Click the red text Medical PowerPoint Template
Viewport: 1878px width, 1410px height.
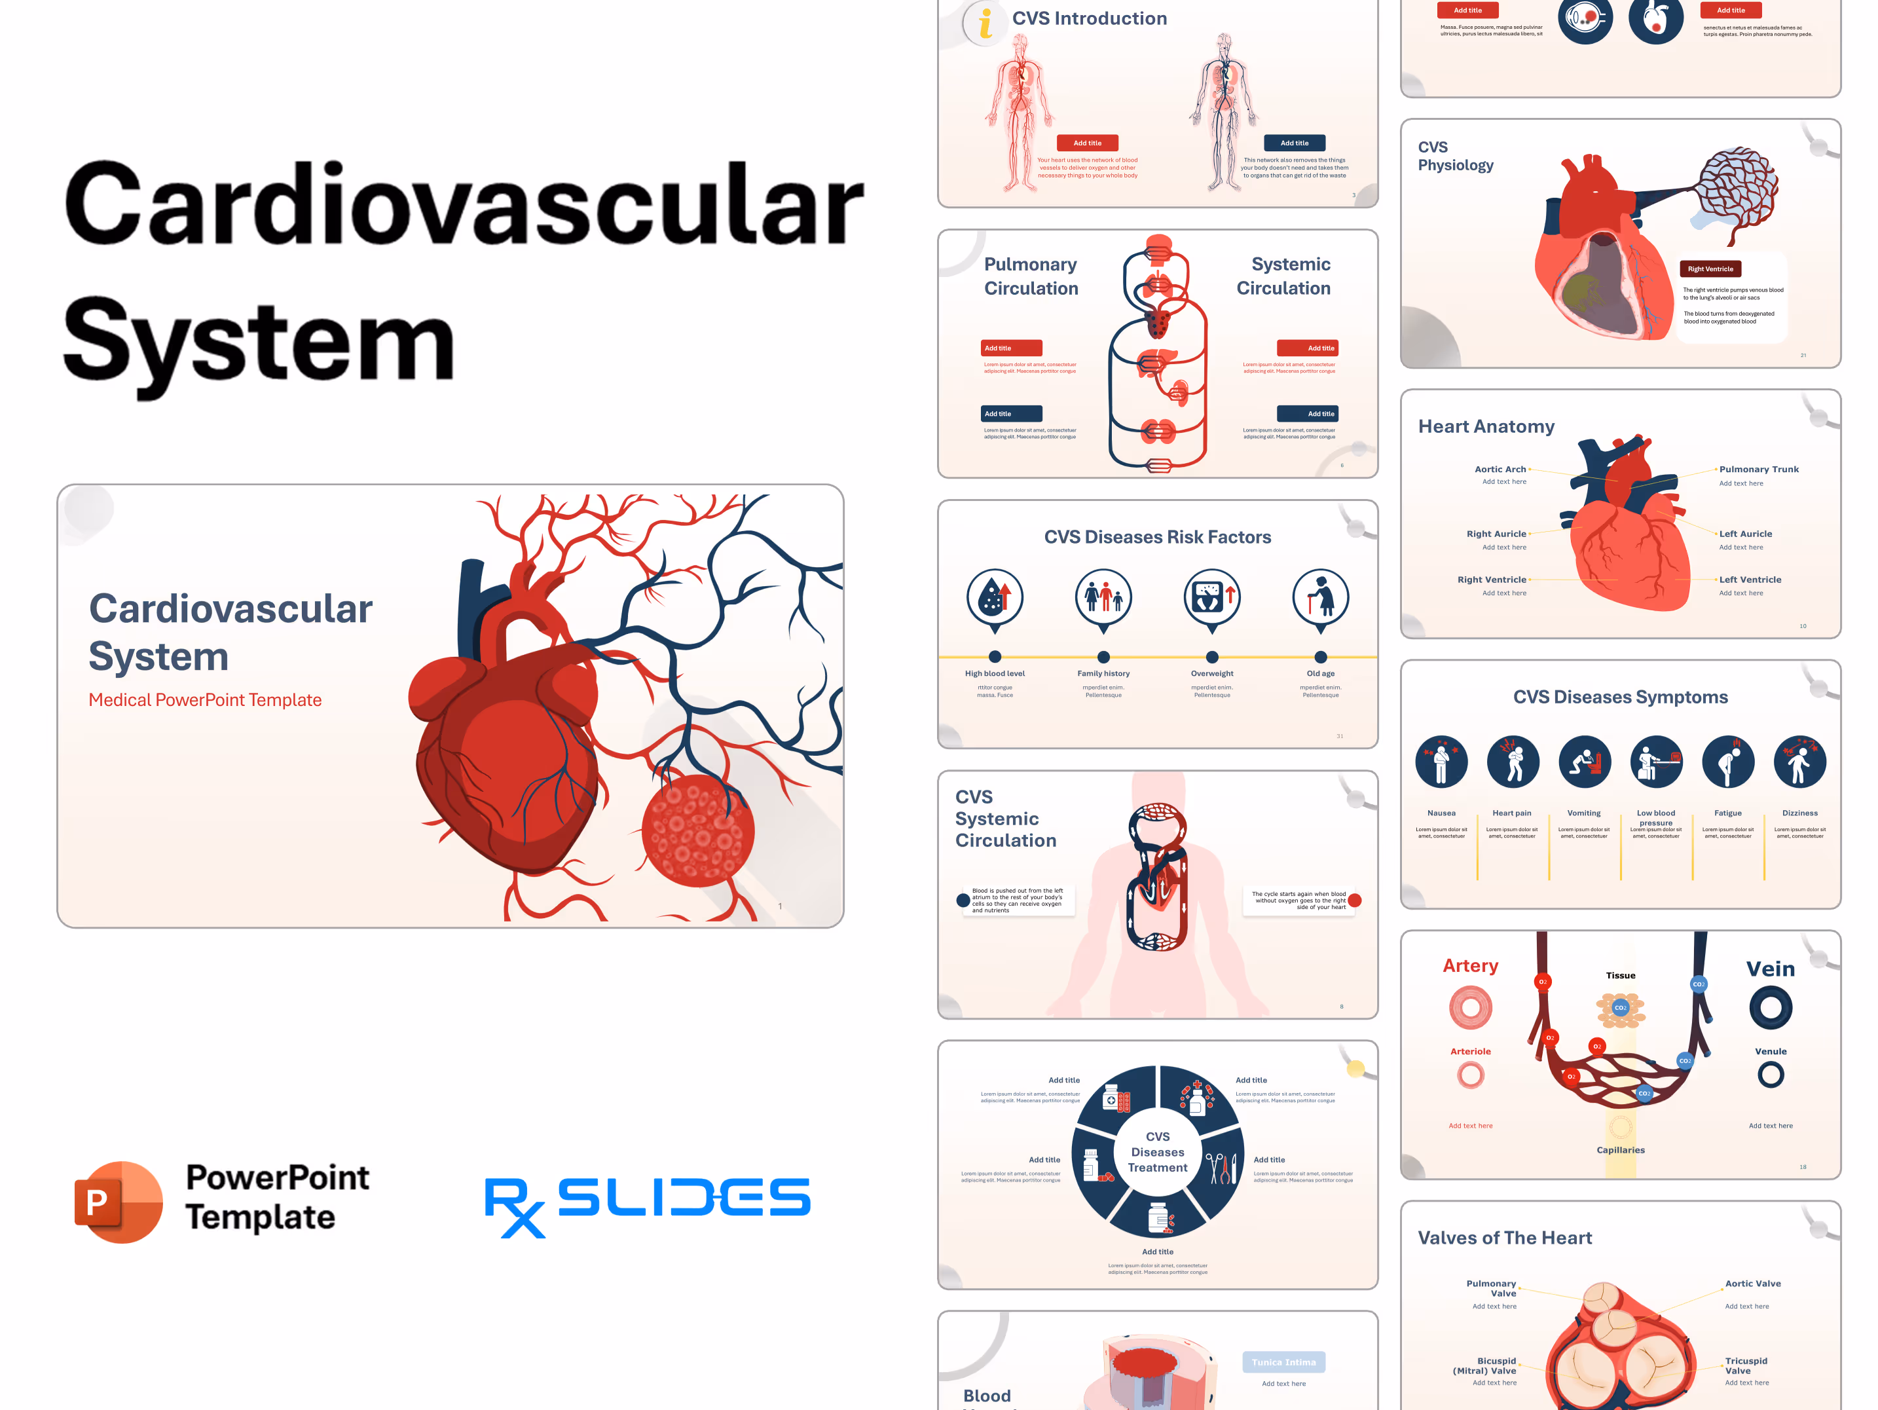coord(204,699)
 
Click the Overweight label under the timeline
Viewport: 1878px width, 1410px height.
coord(1211,673)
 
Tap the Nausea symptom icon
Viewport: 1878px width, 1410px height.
coord(1441,762)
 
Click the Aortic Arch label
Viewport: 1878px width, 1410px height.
coord(1500,470)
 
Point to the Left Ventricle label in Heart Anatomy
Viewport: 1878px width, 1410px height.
coord(1750,580)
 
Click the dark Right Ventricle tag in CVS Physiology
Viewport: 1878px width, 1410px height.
coord(1710,269)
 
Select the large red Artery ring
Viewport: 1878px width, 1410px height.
coord(1471,1008)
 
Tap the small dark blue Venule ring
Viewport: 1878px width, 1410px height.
coord(1770,1075)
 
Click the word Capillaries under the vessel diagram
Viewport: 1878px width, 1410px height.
coord(1620,1150)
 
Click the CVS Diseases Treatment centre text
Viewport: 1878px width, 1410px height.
coord(1157,1152)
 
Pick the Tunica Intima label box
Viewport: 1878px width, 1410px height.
coord(1283,1362)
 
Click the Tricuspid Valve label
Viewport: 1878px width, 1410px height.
coord(1746,1365)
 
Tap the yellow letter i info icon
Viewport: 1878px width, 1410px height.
coord(985,23)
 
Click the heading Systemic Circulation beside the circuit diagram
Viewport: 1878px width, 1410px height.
coord(1283,276)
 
